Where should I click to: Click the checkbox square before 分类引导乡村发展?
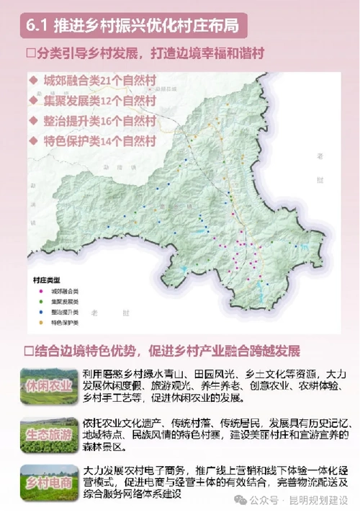tap(30, 55)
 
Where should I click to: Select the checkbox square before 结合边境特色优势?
tap(30, 351)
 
